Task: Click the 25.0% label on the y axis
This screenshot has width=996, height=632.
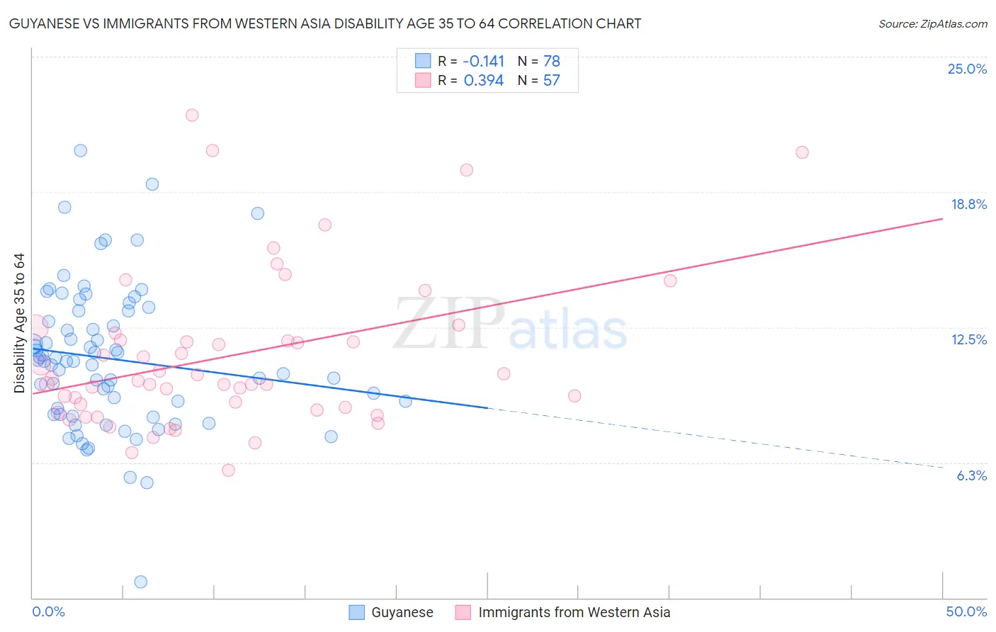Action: pos(967,69)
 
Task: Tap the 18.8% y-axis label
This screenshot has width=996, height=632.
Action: pos(968,204)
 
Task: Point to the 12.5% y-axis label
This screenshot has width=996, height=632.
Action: pos(968,339)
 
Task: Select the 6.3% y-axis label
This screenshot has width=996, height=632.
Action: pos(971,475)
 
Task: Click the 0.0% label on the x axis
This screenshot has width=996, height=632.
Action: pos(48,611)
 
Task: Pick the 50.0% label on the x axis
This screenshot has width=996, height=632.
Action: pos(966,611)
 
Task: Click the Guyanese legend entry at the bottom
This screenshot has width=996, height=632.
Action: pos(402,612)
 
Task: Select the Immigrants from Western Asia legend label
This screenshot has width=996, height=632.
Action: pos(574,612)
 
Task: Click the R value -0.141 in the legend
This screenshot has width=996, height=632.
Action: pos(484,61)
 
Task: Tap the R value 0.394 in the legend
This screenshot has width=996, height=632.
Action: pos(484,80)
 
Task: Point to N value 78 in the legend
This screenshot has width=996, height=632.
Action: pos(551,61)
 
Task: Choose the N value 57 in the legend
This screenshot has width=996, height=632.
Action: pos(551,80)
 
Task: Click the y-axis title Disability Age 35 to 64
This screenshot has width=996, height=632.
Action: pos(19,322)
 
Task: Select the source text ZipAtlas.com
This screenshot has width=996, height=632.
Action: pos(932,24)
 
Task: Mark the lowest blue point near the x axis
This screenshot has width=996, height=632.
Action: pos(141,582)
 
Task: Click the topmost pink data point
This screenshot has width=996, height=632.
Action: pos(192,115)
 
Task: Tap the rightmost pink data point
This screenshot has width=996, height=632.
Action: pos(802,152)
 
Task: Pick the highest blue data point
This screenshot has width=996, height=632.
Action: pos(81,150)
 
